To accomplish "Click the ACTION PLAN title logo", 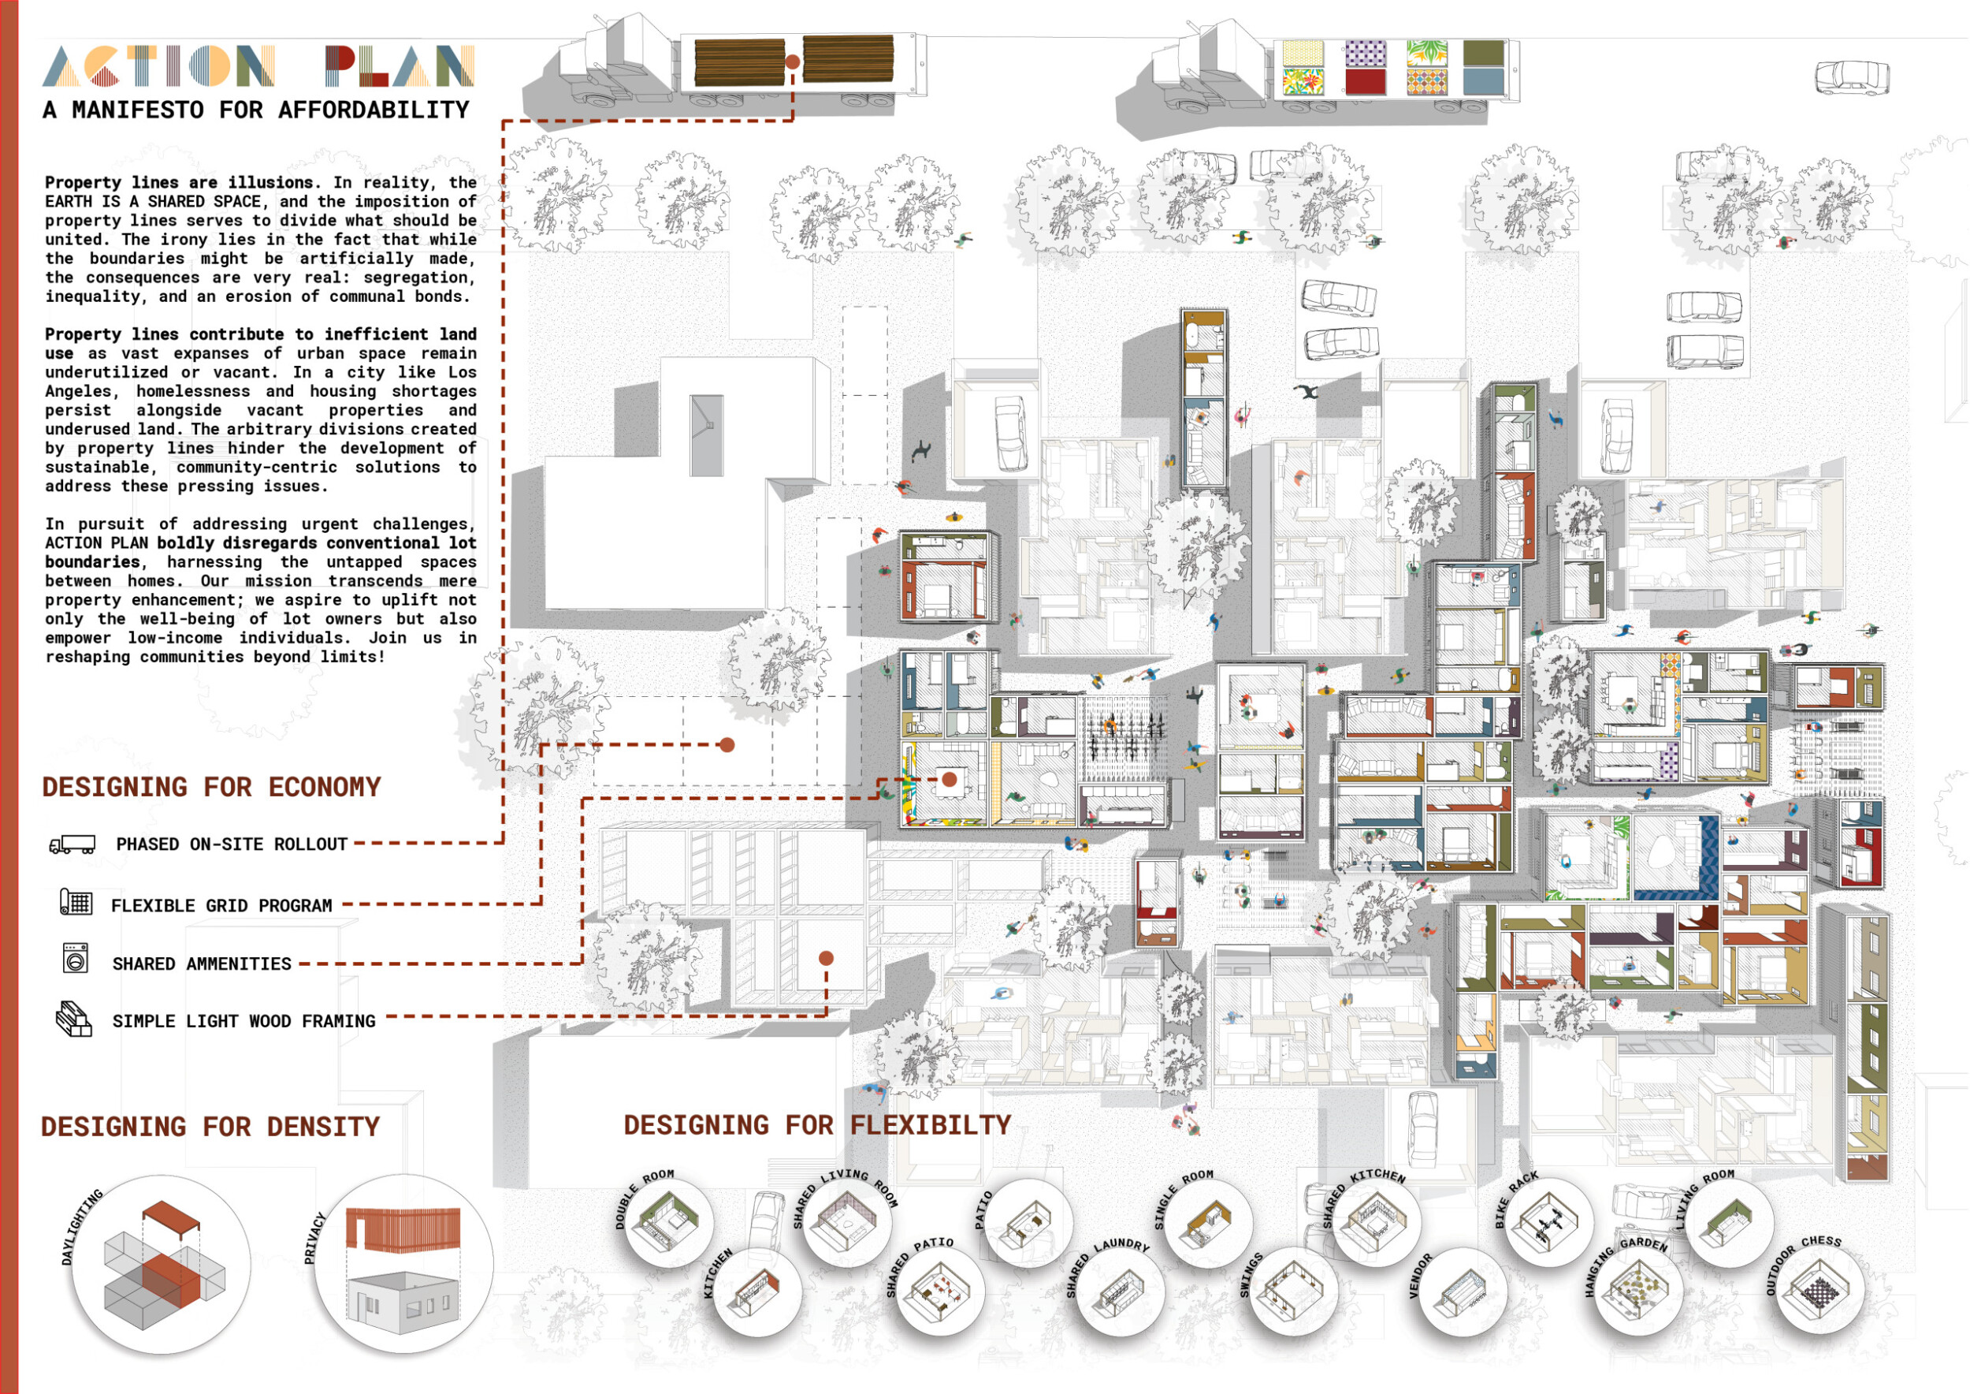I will click(258, 66).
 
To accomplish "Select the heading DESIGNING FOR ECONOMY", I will click(211, 787).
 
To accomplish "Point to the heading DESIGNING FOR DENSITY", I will click(210, 1126).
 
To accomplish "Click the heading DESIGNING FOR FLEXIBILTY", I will click(817, 1124).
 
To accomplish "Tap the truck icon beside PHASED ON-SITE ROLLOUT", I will click(72, 844).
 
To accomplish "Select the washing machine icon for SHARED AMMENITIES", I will click(76, 958).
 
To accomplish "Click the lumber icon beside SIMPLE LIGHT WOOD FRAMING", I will click(74, 1019).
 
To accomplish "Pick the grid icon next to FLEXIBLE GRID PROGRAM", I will click(76, 903).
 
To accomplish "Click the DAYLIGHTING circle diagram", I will click(162, 1265).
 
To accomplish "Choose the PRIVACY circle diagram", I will click(403, 1264).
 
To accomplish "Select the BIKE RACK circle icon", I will click(1548, 1221).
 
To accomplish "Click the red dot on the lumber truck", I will click(793, 61).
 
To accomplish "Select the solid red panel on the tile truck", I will click(1365, 81).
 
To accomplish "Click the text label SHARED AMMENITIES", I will click(202, 964).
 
